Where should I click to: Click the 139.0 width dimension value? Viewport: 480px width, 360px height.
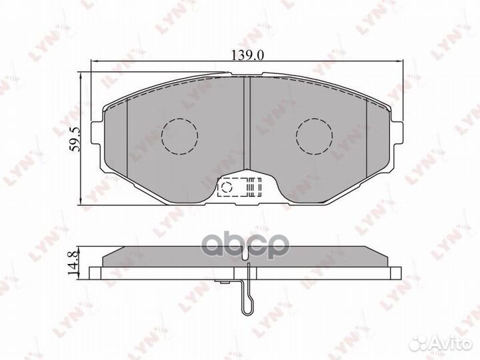point(247,55)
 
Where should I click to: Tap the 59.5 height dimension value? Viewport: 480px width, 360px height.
point(75,139)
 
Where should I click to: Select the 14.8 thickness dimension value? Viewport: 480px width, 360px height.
point(73,262)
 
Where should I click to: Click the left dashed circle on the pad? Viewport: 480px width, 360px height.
point(180,136)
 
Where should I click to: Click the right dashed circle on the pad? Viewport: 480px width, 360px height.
point(315,135)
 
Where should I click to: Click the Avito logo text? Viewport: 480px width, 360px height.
point(450,345)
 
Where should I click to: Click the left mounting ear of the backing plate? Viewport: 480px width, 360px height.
point(97,132)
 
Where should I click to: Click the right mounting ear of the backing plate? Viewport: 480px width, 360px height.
point(397,132)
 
